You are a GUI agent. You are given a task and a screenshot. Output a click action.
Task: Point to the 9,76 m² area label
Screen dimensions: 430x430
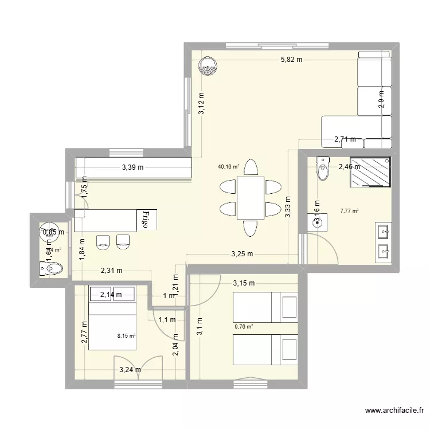click(244, 328)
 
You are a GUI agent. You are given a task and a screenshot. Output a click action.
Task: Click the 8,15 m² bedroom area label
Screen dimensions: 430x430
click(127, 337)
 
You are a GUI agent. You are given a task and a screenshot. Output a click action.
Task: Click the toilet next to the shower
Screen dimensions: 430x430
click(323, 168)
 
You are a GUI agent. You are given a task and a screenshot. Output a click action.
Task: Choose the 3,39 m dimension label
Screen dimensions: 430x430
click(132, 167)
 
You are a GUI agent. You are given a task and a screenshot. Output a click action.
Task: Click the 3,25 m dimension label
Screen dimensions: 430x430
click(243, 254)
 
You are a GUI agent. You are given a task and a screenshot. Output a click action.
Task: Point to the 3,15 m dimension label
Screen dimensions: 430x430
click(244, 283)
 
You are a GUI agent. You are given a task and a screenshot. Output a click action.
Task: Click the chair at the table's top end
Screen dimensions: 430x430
click(250, 167)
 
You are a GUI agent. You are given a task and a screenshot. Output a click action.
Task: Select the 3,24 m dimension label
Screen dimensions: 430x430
click(130, 370)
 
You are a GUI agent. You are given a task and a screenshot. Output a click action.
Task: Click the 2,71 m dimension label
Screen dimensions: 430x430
click(345, 139)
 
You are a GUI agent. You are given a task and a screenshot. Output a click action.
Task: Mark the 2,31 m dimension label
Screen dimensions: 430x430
click(111, 271)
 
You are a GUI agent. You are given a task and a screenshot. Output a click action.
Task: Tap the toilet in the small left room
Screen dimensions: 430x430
click(51, 268)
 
